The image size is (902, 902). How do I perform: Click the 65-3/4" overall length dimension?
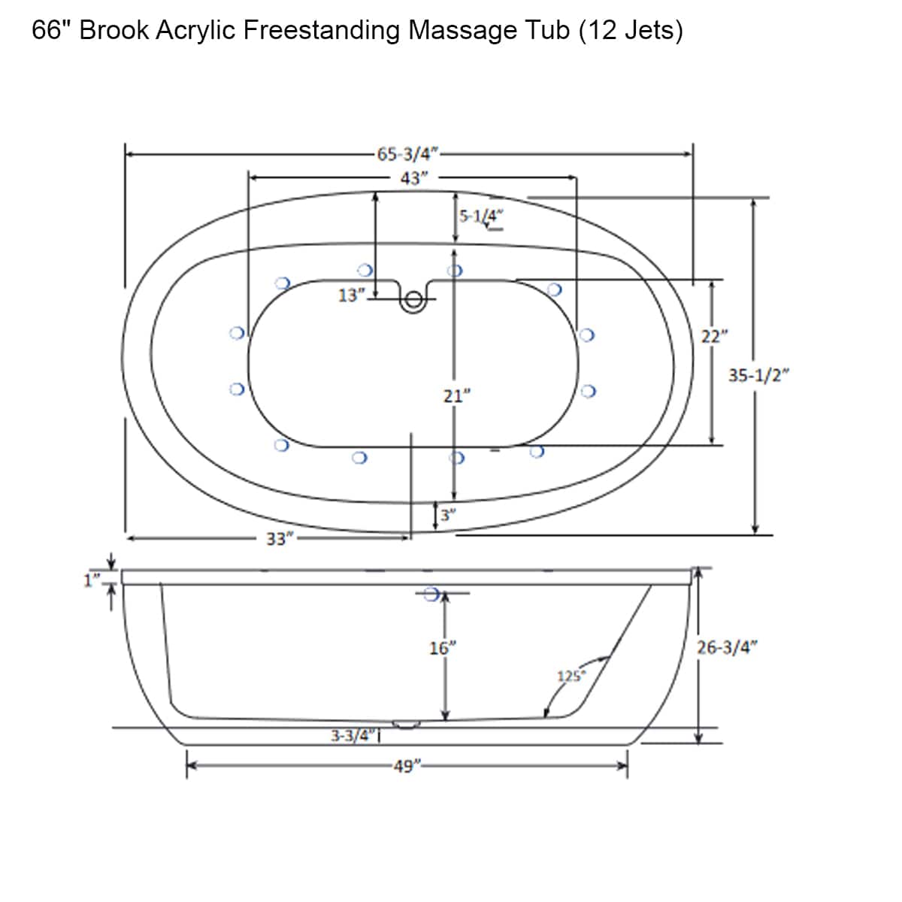(x=407, y=154)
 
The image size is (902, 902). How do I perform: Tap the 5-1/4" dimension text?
(x=482, y=216)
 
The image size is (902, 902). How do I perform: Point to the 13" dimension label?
(x=351, y=295)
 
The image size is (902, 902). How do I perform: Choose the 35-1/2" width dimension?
(x=759, y=376)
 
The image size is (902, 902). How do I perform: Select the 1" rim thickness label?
(x=92, y=580)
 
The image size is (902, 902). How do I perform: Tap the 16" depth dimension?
(x=443, y=647)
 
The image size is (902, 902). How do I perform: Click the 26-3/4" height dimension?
(x=727, y=647)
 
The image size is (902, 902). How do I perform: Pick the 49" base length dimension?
(x=407, y=767)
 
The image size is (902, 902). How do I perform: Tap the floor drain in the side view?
(x=406, y=725)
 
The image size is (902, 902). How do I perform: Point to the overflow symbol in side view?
(x=431, y=595)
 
